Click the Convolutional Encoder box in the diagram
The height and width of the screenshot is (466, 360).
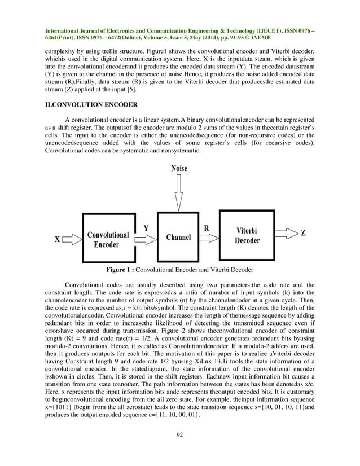click(108, 239)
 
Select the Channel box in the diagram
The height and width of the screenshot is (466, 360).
click(178, 238)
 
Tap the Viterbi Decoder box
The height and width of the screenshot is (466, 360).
click(247, 235)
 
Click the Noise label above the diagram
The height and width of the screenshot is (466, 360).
click(178, 168)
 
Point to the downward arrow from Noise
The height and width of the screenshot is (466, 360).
click(178, 192)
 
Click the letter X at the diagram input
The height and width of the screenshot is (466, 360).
click(58, 239)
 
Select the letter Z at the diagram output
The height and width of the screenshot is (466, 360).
click(303, 233)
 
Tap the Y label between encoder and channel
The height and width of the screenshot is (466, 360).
click(146, 227)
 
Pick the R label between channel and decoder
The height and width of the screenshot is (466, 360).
click(207, 228)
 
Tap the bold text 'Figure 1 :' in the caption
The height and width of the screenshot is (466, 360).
click(121, 269)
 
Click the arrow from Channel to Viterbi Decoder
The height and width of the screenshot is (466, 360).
click(209, 238)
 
